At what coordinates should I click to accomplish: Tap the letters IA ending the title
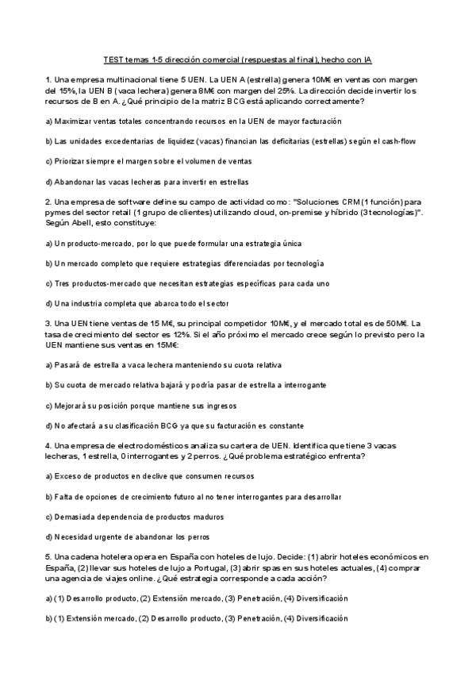(x=367, y=60)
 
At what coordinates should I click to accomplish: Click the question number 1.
(x=48, y=80)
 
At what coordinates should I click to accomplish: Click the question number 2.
(x=48, y=202)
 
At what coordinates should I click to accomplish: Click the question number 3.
(x=48, y=324)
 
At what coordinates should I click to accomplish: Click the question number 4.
(x=48, y=445)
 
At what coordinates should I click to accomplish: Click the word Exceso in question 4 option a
(x=69, y=476)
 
